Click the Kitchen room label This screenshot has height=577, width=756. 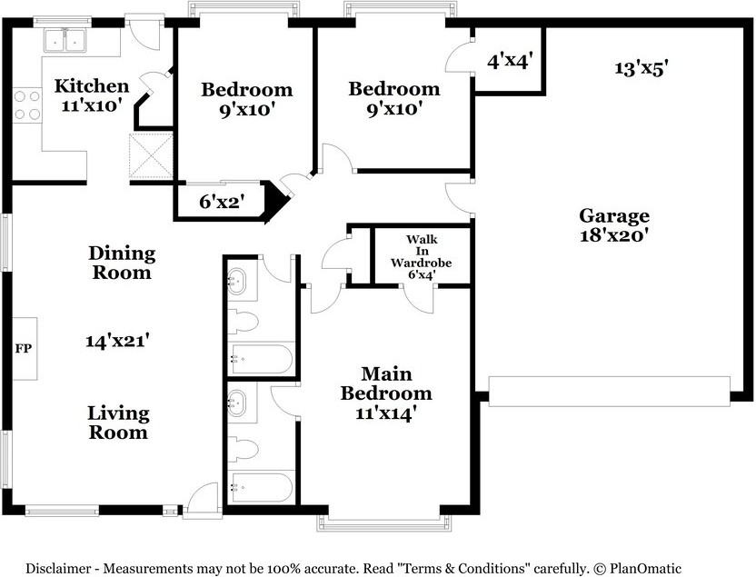point(92,85)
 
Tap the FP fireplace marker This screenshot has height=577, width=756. point(23,348)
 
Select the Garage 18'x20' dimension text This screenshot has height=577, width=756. point(613,235)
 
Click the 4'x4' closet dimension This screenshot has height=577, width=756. point(510,61)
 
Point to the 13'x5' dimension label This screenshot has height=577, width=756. point(641,68)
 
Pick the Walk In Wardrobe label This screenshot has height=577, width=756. point(422,257)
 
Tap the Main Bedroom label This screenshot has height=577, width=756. point(386,383)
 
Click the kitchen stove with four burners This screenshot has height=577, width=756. point(27,105)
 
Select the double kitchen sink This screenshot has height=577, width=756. point(65,40)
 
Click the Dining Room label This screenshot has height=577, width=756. point(122,263)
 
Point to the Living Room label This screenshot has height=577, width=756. point(119,423)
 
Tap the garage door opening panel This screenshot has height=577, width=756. point(610,392)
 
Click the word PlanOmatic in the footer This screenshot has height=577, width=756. point(645,568)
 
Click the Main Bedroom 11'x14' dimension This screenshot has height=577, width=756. point(386,413)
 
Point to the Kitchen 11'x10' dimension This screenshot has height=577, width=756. point(91,105)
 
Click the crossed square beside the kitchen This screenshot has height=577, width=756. point(151,156)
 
